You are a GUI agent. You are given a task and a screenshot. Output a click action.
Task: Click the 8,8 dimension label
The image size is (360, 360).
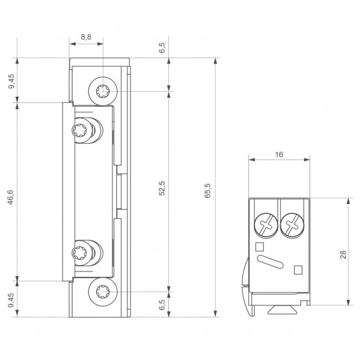point(86,37)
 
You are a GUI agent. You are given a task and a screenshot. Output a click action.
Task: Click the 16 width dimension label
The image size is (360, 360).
point(279,155)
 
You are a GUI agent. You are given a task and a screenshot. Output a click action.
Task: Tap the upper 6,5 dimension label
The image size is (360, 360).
point(162,48)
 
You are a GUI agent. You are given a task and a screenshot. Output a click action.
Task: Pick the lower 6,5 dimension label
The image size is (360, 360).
point(162,304)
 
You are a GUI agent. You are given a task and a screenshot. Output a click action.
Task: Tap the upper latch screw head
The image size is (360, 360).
point(78,132)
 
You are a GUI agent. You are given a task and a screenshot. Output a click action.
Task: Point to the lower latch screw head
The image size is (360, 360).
point(78,254)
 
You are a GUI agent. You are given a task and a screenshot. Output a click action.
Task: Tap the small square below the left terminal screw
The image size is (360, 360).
point(259,246)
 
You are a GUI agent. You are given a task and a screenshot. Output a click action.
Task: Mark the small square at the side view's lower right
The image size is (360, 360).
point(297,270)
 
